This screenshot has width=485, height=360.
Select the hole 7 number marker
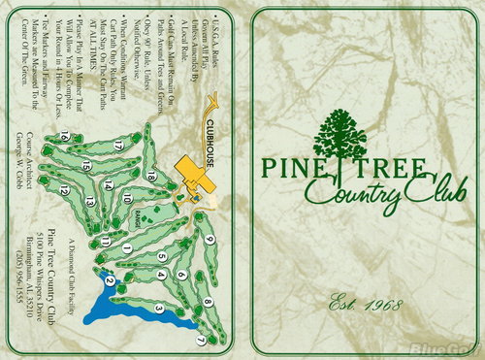201,341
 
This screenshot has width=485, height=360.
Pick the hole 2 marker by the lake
110,280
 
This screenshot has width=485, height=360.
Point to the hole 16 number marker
63,138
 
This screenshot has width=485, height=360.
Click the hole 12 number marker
64,191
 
